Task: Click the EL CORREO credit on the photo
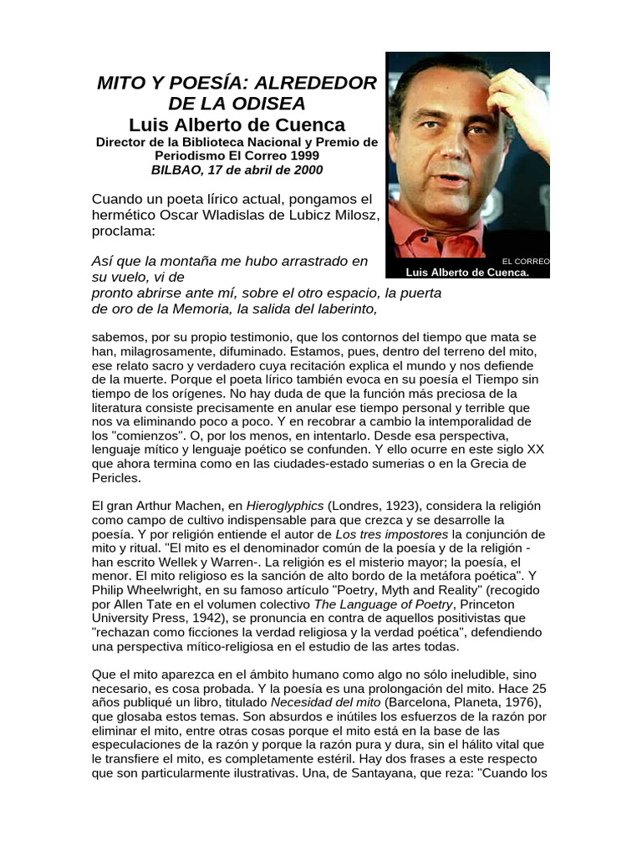point(526,262)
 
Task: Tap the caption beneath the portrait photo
point(467,273)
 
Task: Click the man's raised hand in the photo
point(519,92)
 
